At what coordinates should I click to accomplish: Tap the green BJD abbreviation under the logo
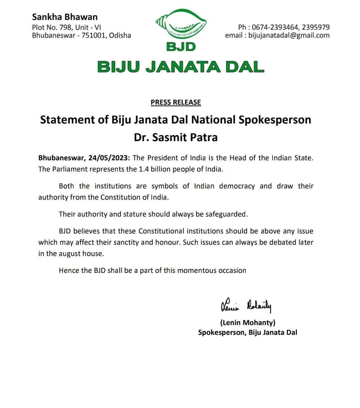[181, 47]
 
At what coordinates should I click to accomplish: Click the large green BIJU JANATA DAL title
[181, 67]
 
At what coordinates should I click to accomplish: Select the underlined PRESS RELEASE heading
[176, 102]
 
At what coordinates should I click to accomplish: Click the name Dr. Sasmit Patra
[176, 137]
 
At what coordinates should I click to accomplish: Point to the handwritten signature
[246, 306]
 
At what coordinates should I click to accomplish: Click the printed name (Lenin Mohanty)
[248, 322]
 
